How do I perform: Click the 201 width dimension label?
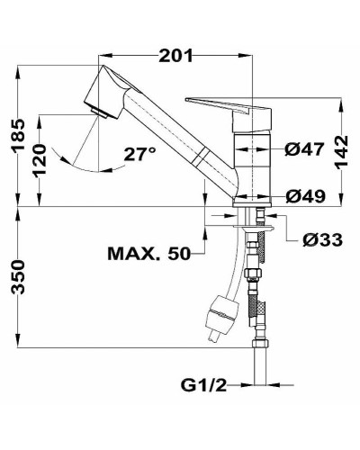177,56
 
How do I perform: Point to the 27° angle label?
139,154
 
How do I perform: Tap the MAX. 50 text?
149,253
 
